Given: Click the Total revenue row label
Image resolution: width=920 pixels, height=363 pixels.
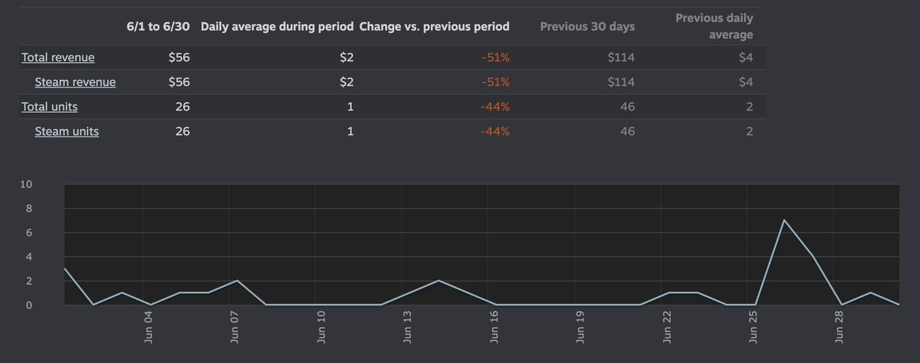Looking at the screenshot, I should tap(58, 58).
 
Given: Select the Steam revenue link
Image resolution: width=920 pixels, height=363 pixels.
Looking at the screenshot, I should tap(75, 82).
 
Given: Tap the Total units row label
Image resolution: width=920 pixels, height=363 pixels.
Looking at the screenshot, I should tap(49, 107).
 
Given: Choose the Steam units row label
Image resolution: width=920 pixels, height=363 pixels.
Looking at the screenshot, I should tap(67, 131).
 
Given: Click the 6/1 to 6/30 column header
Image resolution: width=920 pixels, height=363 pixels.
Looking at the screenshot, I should tap(158, 26).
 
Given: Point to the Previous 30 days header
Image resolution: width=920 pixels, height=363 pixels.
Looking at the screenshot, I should tap(587, 26).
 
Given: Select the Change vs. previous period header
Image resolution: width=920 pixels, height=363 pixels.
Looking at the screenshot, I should tap(434, 26).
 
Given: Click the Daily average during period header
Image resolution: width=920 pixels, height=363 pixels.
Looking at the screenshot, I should tap(277, 26).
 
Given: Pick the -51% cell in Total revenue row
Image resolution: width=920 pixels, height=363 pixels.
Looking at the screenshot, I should tap(494, 58).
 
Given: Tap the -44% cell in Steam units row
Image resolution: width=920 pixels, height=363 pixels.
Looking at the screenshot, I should tap(495, 131).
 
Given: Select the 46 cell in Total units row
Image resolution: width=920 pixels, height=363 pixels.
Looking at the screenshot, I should tap(627, 107).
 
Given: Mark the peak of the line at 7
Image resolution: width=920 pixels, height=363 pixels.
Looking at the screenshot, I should tap(784, 220).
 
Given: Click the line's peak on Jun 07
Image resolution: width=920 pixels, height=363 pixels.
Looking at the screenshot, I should tap(237, 281).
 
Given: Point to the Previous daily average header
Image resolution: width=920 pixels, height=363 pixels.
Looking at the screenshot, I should tap(714, 26).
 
